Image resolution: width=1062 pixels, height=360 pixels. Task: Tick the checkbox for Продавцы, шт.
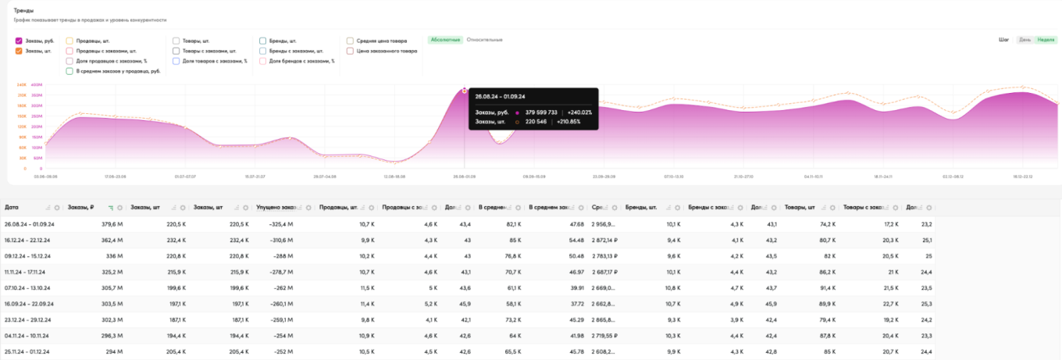point(69,41)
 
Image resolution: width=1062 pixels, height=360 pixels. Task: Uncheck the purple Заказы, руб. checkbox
point(19,41)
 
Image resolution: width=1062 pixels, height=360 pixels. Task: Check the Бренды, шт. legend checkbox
point(262,41)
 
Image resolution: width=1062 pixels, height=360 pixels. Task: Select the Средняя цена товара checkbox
point(351,41)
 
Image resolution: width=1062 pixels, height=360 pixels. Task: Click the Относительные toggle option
point(484,39)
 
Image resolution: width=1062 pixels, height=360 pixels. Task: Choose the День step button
point(1024,40)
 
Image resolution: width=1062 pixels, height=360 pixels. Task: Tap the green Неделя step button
point(1045,40)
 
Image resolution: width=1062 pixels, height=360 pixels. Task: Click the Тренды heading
point(23,10)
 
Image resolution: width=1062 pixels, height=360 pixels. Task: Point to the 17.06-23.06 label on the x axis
point(116,176)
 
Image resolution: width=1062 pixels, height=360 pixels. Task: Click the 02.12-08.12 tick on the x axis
point(953,176)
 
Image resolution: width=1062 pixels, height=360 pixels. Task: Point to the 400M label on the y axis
point(36,84)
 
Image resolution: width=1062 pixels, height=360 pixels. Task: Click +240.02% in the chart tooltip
point(579,112)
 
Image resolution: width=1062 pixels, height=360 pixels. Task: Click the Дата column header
point(12,207)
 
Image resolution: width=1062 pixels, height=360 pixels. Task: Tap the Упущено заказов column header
point(277,207)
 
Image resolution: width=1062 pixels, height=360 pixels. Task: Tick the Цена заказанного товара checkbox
point(351,51)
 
